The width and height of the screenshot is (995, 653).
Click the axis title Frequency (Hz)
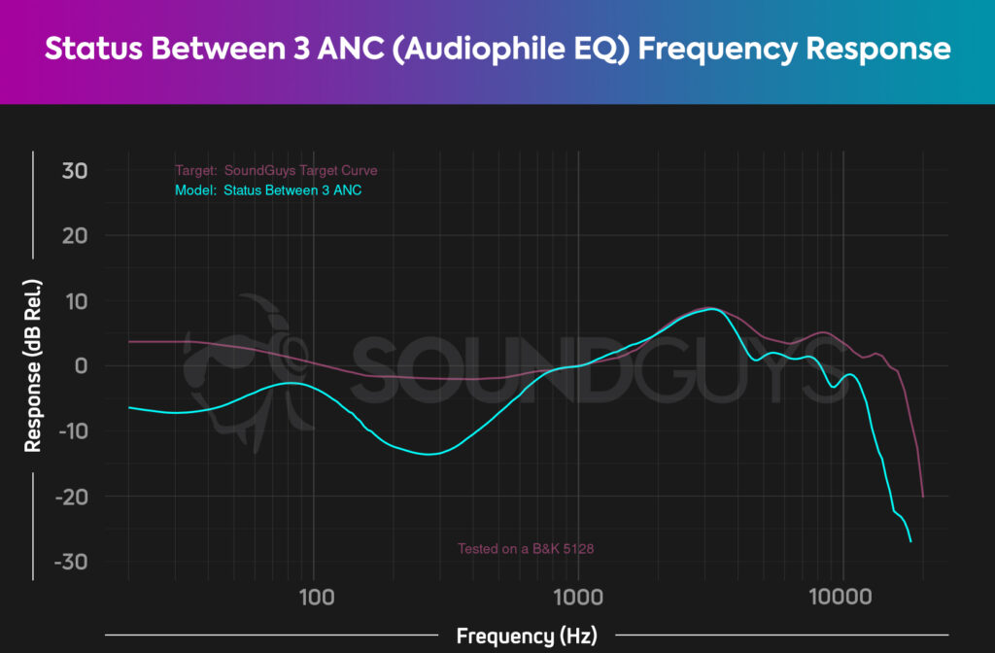pyautogui.click(x=526, y=636)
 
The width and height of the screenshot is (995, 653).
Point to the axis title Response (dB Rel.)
pyautogui.click(x=33, y=366)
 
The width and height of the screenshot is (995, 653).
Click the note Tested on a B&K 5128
pyautogui.click(x=526, y=549)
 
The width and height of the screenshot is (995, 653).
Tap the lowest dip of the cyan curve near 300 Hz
pyautogui.click(x=428, y=454)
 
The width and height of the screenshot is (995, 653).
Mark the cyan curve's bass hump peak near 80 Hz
pyautogui.click(x=289, y=384)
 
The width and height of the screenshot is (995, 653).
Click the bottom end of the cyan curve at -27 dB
pyautogui.click(x=910, y=541)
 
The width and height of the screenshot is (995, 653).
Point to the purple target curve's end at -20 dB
pyautogui.click(x=922, y=496)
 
